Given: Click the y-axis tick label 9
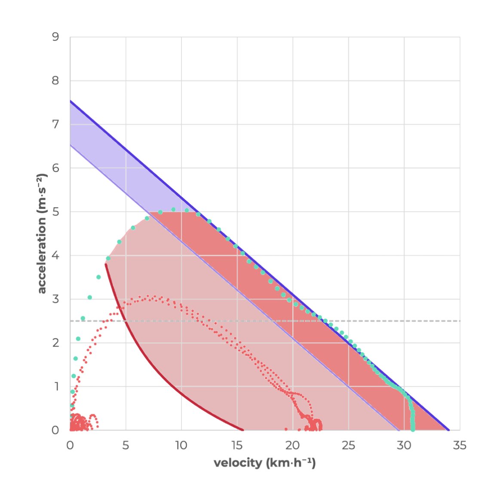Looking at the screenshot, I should (x=55, y=37).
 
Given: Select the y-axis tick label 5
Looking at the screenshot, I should (x=55, y=212).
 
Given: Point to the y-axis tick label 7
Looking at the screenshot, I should (x=55, y=124).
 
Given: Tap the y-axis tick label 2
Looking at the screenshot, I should (x=55, y=343).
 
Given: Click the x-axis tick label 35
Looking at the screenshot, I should (x=460, y=445).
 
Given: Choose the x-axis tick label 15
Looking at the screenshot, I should (x=237, y=445).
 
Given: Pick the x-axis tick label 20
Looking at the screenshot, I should (x=292, y=445).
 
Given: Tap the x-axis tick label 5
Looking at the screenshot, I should (x=126, y=445).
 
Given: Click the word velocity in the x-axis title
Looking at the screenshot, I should (x=238, y=463).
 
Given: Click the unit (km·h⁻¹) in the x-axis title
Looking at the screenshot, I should (x=291, y=463).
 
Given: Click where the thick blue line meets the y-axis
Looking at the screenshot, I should (x=71, y=101).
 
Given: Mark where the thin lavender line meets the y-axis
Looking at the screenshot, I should (x=71, y=145).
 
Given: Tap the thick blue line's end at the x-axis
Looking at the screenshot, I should (x=448, y=430).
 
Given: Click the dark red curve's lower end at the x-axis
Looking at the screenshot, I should (x=243, y=430).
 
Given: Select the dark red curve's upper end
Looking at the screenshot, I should (x=106, y=264).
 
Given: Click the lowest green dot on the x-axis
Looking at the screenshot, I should (x=413, y=429).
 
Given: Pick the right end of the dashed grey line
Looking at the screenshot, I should (x=459, y=321).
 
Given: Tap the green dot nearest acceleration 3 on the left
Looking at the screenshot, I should (x=90, y=298).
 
